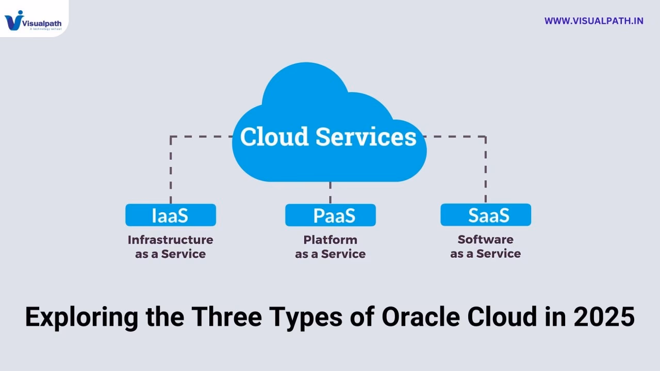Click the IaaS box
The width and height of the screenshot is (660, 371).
tap(170, 215)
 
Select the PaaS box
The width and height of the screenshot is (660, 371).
tap(331, 215)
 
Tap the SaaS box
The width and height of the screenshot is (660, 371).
tap(486, 215)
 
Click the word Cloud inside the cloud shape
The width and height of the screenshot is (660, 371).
tap(274, 137)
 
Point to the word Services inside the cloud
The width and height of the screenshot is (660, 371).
tap(366, 137)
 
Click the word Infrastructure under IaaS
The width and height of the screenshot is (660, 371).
tap(170, 240)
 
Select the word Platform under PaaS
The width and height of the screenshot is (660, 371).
tap(330, 240)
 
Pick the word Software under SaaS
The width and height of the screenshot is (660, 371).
tap(485, 240)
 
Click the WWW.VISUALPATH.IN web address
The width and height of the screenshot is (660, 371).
tap(593, 21)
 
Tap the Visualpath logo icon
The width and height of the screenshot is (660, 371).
tap(13, 20)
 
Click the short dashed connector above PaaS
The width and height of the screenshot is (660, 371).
tap(330, 192)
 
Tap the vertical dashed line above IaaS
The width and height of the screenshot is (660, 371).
tap(171, 170)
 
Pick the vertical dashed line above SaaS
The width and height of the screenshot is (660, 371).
tap(485, 170)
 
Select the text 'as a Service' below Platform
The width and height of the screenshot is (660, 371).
tap(330, 254)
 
